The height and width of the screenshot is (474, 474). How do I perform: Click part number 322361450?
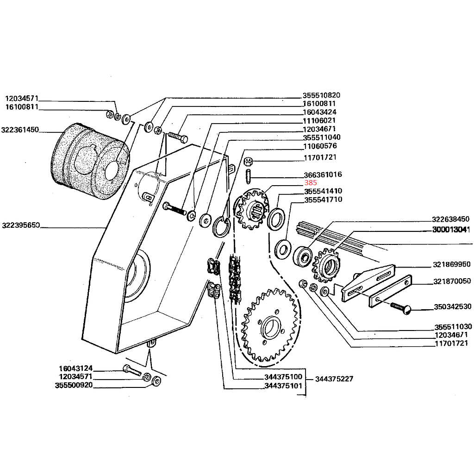[x=20, y=130]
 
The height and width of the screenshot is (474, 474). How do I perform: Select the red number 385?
[x=311, y=183]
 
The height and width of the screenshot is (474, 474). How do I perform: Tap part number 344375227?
[x=334, y=379]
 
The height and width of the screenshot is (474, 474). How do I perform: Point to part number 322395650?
[x=20, y=226]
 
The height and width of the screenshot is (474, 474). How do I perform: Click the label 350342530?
[x=452, y=306]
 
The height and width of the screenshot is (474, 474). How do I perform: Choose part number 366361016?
[x=323, y=175]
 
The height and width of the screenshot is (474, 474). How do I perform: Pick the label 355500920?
[x=74, y=385]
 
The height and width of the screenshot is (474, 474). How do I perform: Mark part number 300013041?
[x=451, y=230]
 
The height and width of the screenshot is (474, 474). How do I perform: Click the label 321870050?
[x=452, y=281]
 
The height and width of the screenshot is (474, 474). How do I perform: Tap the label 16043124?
[x=76, y=368]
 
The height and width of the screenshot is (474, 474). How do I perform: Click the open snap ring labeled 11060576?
[x=222, y=226]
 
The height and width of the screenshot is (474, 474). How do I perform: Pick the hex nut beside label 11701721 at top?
[x=248, y=162]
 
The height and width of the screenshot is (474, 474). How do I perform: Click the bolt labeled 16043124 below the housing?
[x=131, y=370]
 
